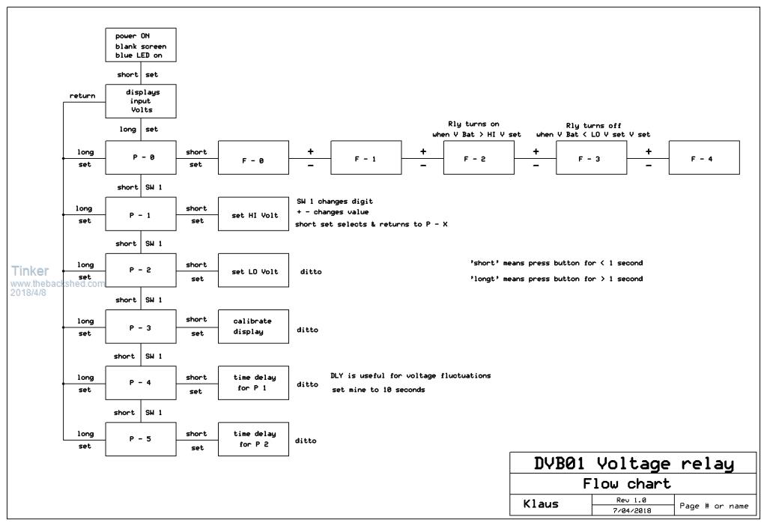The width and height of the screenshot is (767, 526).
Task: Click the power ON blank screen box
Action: pos(141,45)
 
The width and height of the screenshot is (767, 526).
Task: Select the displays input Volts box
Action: pos(141,101)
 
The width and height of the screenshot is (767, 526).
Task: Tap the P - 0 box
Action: pos(141,158)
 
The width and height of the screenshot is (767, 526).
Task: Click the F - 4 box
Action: pos(704,158)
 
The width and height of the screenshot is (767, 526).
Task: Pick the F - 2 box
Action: pos(479,158)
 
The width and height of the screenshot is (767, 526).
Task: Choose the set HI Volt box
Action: pos(253,215)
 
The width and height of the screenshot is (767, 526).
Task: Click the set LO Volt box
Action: pos(253,271)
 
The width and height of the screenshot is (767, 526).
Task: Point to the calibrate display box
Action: pos(253,327)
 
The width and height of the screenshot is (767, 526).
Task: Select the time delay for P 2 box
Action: pos(253,439)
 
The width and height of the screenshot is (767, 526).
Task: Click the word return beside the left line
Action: pos(82,96)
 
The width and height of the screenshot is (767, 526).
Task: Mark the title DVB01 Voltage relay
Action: pos(634,464)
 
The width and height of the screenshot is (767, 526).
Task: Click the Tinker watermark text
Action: pos(30,271)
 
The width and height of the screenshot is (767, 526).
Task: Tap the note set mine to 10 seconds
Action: pos(378,390)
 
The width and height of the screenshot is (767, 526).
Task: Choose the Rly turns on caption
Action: pos(469,124)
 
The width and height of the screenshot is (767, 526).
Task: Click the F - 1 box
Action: pos(366,158)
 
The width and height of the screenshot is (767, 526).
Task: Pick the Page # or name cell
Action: pos(714,506)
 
